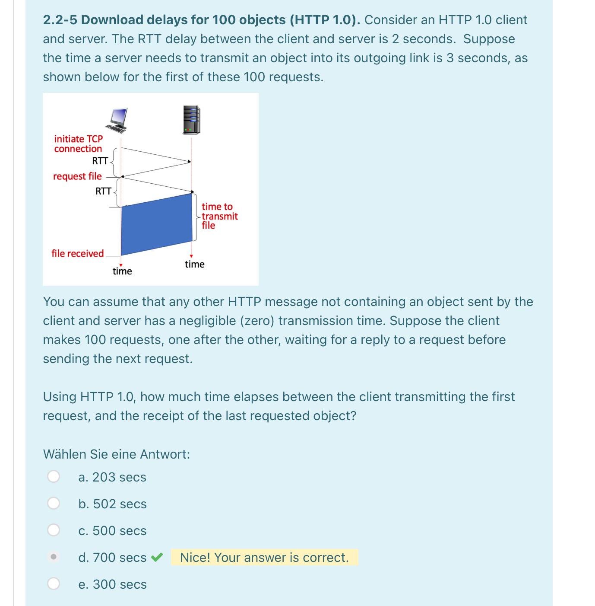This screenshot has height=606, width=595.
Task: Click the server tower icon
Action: point(192,120)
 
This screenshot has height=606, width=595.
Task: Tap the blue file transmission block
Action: point(157,224)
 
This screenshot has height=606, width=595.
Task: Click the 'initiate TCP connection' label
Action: point(78,144)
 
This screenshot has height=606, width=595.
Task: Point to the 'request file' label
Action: point(77,176)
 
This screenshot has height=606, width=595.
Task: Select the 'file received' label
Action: point(78,253)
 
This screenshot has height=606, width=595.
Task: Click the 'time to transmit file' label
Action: point(219,216)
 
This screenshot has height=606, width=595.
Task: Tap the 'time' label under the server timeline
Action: point(194,264)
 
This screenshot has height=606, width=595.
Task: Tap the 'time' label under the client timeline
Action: point(122,271)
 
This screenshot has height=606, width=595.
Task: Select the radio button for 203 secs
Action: point(54,476)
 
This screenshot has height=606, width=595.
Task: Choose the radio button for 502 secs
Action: point(54,503)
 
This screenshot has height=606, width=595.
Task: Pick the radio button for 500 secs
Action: point(54,530)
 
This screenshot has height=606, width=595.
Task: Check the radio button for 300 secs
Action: point(54,584)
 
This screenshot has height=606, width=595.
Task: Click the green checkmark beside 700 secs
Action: point(157,557)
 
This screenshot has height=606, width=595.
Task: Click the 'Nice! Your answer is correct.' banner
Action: point(264,558)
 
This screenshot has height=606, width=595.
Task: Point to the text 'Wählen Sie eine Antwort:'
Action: point(117,454)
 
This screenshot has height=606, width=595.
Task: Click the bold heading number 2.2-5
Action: point(60,20)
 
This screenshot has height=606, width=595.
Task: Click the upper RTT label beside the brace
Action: point(100,161)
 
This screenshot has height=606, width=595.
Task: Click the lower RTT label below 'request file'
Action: point(103,191)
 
